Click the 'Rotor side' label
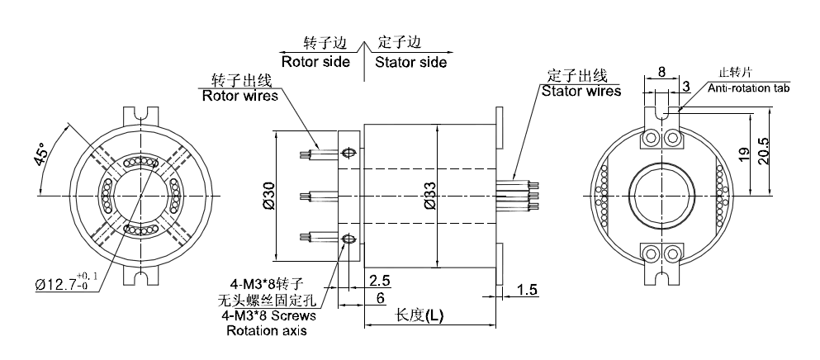315,62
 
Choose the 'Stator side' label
411,62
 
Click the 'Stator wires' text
581,91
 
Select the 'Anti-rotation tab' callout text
748,87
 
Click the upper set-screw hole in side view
348,153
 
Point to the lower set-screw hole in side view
348,240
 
